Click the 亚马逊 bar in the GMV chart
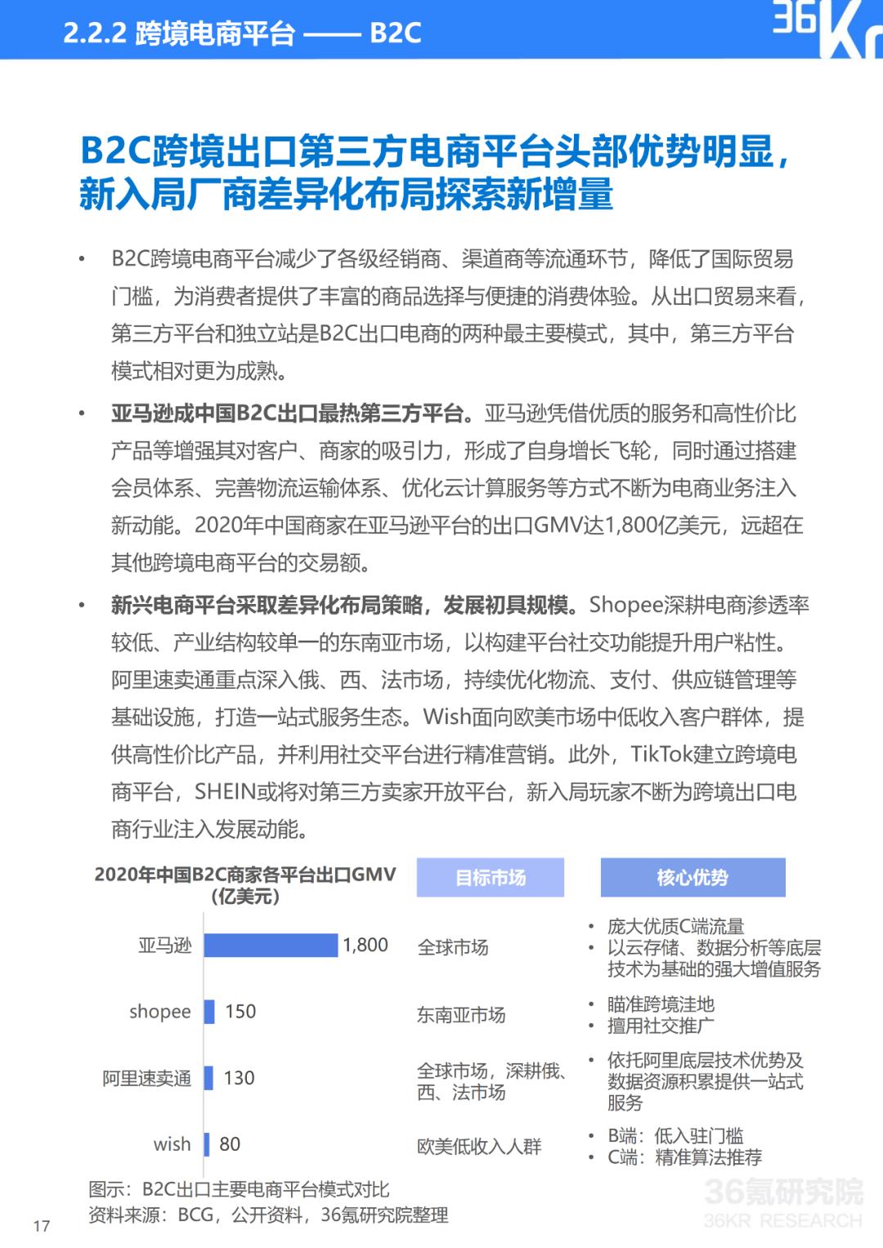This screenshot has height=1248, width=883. (x=271, y=946)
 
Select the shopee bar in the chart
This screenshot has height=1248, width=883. (x=209, y=1012)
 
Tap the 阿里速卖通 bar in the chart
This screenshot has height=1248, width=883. (x=208, y=1078)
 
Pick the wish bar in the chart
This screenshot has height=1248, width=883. (x=207, y=1144)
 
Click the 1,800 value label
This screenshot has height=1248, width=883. (x=365, y=946)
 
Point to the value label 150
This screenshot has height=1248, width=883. (x=240, y=1012)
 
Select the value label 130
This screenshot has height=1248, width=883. (x=239, y=1078)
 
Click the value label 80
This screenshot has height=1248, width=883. (x=230, y=1144)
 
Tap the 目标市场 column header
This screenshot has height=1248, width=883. (x=491, y=878)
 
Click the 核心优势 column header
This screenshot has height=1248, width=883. (x=693, y=878)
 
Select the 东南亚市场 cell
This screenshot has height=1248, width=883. (x=461, y=1015)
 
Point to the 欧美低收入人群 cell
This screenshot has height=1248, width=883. (x=479, y=1147)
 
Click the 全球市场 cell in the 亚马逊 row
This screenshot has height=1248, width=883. (x=453, y=947)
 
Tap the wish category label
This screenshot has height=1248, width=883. (x=172, y=1144)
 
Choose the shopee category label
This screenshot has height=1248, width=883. (x=159, y=1012)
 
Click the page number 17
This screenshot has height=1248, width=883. (x=42, y=1226)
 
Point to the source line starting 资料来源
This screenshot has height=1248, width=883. (x=268, y=1215)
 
